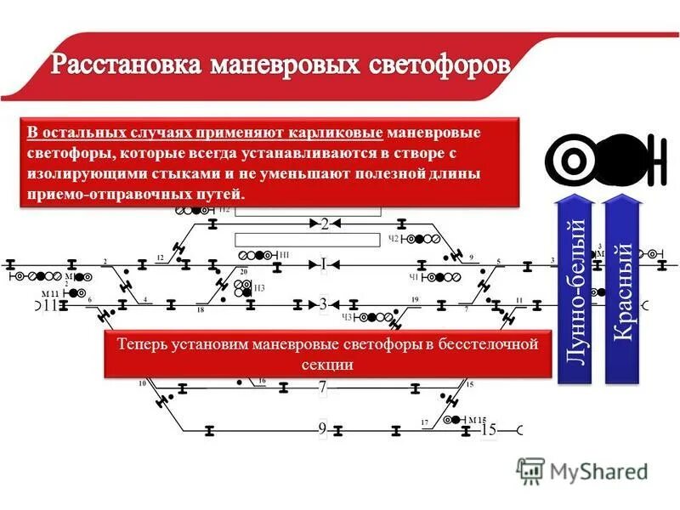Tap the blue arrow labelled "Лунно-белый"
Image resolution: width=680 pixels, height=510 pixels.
[574, 289]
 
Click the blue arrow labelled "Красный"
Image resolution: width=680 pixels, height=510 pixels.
[622, 289]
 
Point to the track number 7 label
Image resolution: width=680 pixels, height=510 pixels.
[323, 388]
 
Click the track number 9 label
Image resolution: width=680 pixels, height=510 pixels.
[323, 429]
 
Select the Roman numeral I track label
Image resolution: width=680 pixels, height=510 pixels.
[323, 263]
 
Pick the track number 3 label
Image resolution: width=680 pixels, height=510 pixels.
[323, 303]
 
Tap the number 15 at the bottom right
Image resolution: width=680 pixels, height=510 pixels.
[488, 430]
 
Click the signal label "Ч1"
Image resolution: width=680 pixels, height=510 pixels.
[414, 277]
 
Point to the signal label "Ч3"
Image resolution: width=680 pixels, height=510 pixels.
[347, 317]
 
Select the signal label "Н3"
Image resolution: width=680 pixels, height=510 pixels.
[260, 288]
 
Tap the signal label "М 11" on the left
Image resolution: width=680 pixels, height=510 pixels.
[51, 293]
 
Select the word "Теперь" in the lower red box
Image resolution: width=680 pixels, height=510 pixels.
[140, 345]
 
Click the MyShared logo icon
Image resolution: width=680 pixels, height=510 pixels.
[530, 470]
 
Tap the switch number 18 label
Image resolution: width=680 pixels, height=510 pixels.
[201, 311]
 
